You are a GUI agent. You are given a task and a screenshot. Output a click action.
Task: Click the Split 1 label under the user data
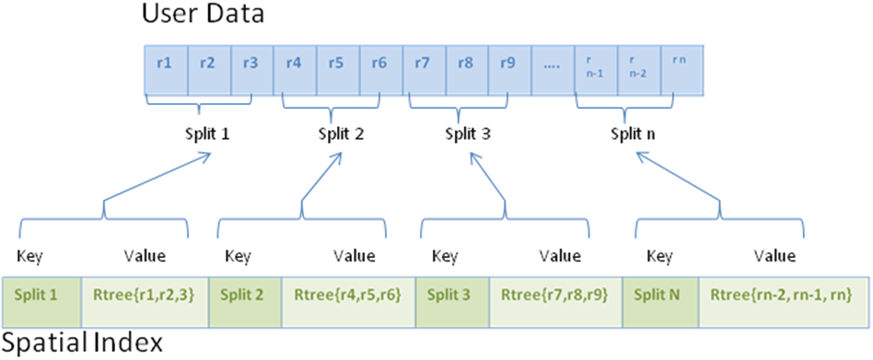205,132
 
